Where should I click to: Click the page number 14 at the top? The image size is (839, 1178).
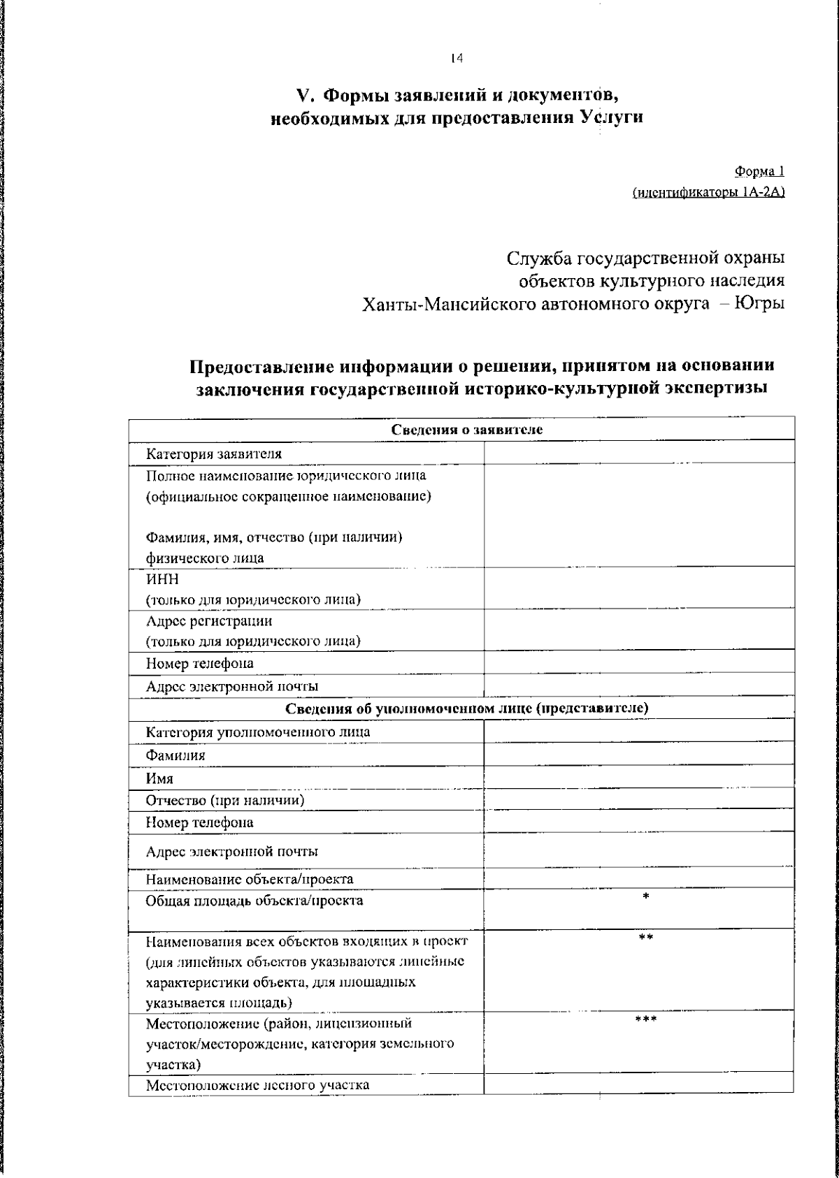pos(457,59)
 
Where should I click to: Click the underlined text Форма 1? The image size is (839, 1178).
pos(759,171)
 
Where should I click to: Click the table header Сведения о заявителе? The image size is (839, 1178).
pos(466,430)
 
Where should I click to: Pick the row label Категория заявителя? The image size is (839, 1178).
pos(214,453)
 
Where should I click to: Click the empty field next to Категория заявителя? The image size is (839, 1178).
pos(638,453)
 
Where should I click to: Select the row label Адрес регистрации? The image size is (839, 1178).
pos(209,620)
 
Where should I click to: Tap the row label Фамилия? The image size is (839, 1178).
pos(175,755)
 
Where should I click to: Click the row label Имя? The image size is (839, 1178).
pos(159,778)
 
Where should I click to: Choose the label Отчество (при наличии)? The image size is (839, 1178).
pos(224,800)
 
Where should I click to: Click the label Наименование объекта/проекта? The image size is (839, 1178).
pos(250,879)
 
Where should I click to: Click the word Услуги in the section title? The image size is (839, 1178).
pos(612,117)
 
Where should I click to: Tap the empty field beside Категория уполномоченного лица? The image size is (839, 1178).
pos(638,732)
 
